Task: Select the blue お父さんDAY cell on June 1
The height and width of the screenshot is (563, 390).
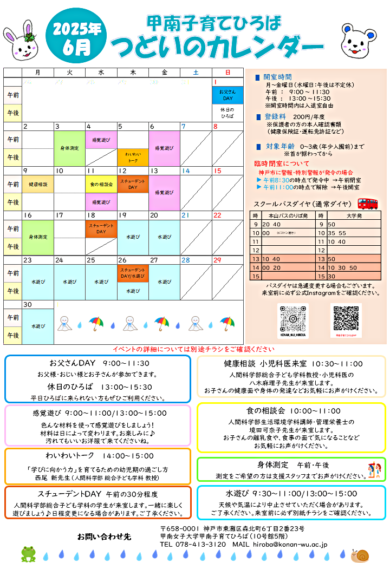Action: coord(227,95)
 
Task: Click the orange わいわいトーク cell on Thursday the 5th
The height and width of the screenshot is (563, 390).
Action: coord(133,157)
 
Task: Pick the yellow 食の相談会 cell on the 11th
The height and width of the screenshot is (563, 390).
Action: coord(101,184)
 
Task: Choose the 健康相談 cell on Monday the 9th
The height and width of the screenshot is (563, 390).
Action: coord(38,184)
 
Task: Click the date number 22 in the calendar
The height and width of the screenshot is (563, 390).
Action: coord(217,215)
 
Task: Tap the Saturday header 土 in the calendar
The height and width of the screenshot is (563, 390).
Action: coord(196,72)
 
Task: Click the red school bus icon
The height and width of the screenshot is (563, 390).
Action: coord(368,204)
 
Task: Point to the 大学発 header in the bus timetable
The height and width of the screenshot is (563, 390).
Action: coord(353,215)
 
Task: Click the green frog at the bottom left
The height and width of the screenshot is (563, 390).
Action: coord(28,553)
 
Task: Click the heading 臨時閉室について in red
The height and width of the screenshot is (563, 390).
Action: coord(282,163)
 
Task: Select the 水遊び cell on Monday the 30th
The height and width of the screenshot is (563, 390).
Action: coord(38,326)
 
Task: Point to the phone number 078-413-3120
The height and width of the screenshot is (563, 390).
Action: coord(200,544)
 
